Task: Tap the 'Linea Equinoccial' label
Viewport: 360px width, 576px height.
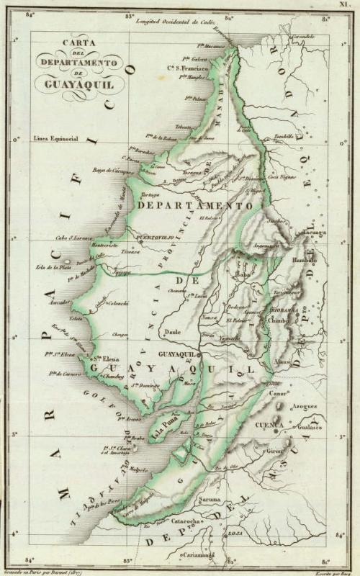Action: [x=57, y=137]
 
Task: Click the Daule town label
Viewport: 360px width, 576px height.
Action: [x=172, y=333]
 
